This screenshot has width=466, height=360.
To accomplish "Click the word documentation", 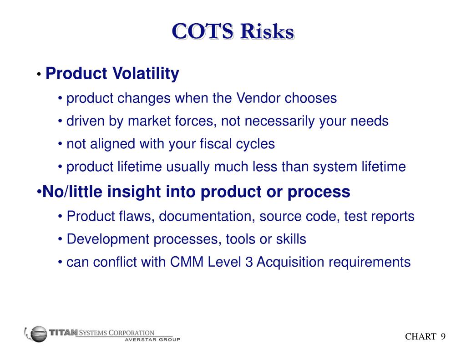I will tap(206, 217).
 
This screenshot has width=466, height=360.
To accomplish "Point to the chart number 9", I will tap(442, 336).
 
